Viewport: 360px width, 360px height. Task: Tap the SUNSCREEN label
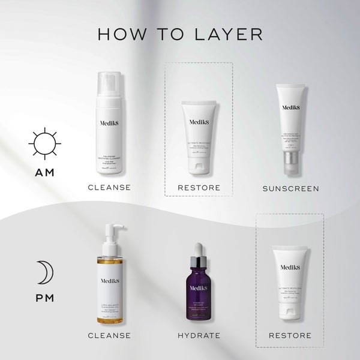[x=290, y=188]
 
